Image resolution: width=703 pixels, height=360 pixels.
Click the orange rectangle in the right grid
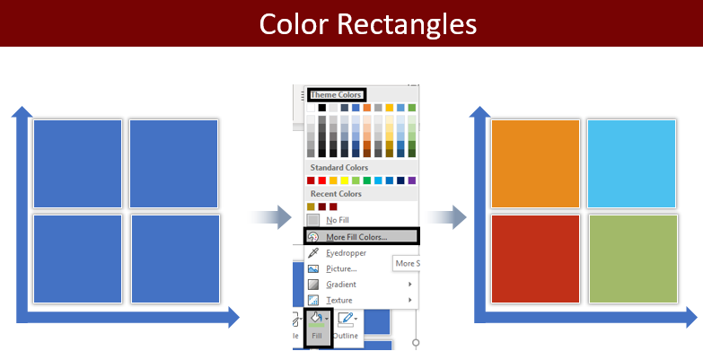(535, 163)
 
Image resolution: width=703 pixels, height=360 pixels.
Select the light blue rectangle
(631, 163)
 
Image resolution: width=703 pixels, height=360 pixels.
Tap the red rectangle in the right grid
(535, 259)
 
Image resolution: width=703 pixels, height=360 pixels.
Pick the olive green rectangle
(633, 259)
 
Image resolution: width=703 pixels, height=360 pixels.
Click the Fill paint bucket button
(318, 327)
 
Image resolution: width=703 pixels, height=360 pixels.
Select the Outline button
(347, 326)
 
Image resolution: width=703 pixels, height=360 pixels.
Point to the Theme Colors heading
(337, 94)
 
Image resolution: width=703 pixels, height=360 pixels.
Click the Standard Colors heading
(339, 167)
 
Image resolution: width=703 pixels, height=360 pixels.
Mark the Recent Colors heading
(336, 194)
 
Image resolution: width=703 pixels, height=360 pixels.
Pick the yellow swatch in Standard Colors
(345, 180)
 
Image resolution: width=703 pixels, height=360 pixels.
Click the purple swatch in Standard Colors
(411, 180)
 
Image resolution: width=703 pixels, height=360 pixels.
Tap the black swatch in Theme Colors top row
(322, 108)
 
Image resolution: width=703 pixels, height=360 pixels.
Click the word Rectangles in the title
(407, 23)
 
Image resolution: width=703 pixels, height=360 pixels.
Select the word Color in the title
(295, 23)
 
